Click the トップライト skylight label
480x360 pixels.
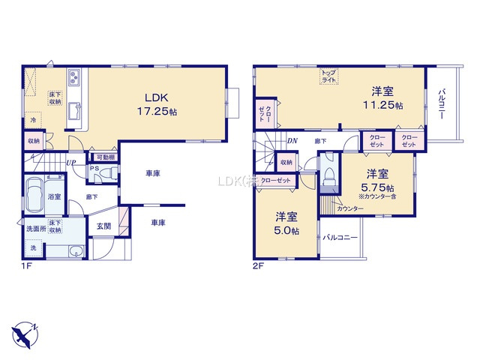[x=328, y=75]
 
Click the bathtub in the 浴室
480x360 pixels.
[x=36, y=196]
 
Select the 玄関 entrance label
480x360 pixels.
[x=103, y=225]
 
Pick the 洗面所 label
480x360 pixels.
[x=35, y=228]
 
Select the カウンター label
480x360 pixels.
[x=346, y=208]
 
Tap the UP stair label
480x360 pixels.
[x=70, y=163]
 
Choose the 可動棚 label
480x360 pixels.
[x=104, y=157]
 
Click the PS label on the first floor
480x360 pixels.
[x=94, y=169]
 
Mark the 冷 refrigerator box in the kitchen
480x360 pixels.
[x=33, y=120]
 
